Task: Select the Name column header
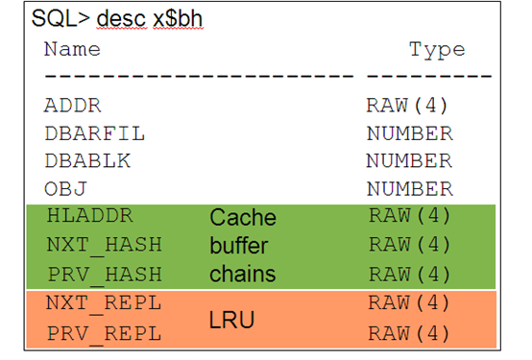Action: click(x=72, y=49)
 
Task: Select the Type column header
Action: click(x=437, y=49)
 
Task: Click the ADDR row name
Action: click(x=72, y=106)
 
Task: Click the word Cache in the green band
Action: click(x=243, y=218)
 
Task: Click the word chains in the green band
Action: click(x=243, y=275)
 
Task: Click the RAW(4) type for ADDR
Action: click(x=408, y=106)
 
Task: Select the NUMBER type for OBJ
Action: click(x=409, y=189)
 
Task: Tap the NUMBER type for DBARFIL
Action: click(x=409, y=133)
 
